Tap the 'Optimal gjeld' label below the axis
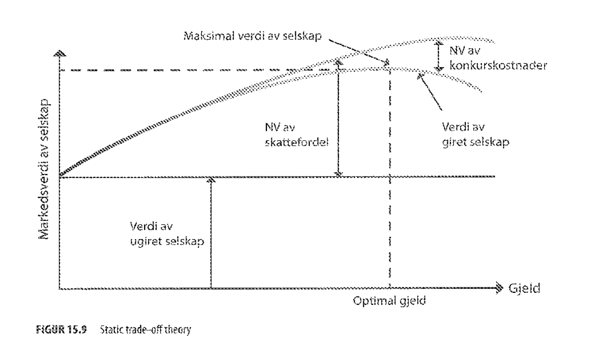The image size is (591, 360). pyautogui.click(x=390, y=301)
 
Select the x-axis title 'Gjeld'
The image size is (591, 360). pyautogui.click(x=524, y=288)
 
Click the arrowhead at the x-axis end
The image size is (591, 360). pyautogui.click(x=499, y=288)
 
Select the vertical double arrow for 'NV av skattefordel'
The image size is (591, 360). pyautogui.click(x=338, y=119)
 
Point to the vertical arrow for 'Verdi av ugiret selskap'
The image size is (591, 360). pyautogui.click(x=211, y=234)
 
